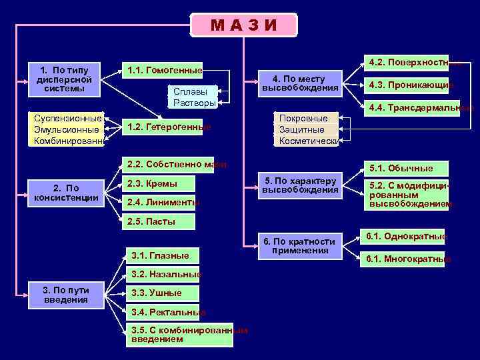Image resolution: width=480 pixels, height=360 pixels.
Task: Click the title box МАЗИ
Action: tap(244, 25)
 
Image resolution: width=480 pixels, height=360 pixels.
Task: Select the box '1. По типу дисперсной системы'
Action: tap(66, 79)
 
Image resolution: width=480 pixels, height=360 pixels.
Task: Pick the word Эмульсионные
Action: tap(66, 129)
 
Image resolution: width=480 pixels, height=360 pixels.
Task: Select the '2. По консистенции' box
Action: tap(66, 193)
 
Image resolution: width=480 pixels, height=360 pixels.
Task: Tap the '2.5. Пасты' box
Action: tap(158, 221)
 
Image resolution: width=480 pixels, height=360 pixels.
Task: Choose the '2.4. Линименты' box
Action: tap(162, 202)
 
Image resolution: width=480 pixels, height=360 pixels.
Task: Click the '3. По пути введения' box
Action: tap(66, 294)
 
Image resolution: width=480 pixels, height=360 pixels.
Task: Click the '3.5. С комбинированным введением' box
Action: tap(180, 335)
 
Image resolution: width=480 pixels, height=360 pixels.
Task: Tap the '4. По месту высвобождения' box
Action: tap(299, 83)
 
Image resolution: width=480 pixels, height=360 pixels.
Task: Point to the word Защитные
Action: tap(302, 129)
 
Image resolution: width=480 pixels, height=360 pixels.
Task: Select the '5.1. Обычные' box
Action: tap(405, 168)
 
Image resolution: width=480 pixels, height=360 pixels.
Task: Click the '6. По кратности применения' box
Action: tap(299, 245)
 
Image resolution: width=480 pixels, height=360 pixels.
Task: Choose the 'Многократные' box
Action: tap(404, 259)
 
